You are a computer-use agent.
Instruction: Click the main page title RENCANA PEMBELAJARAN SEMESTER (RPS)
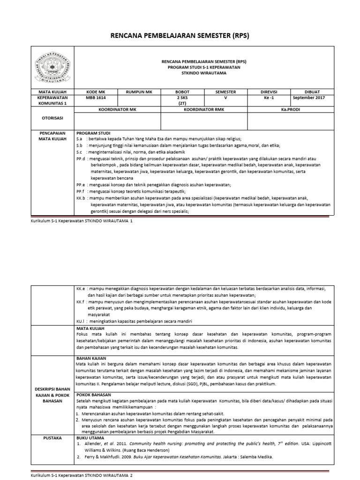coord(180,36)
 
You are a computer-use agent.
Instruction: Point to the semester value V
coord(225,98)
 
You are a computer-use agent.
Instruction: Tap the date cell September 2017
coord(311,98)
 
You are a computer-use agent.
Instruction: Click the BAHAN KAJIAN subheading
coord(91,358)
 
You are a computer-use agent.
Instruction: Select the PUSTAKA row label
coord(52,436)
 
